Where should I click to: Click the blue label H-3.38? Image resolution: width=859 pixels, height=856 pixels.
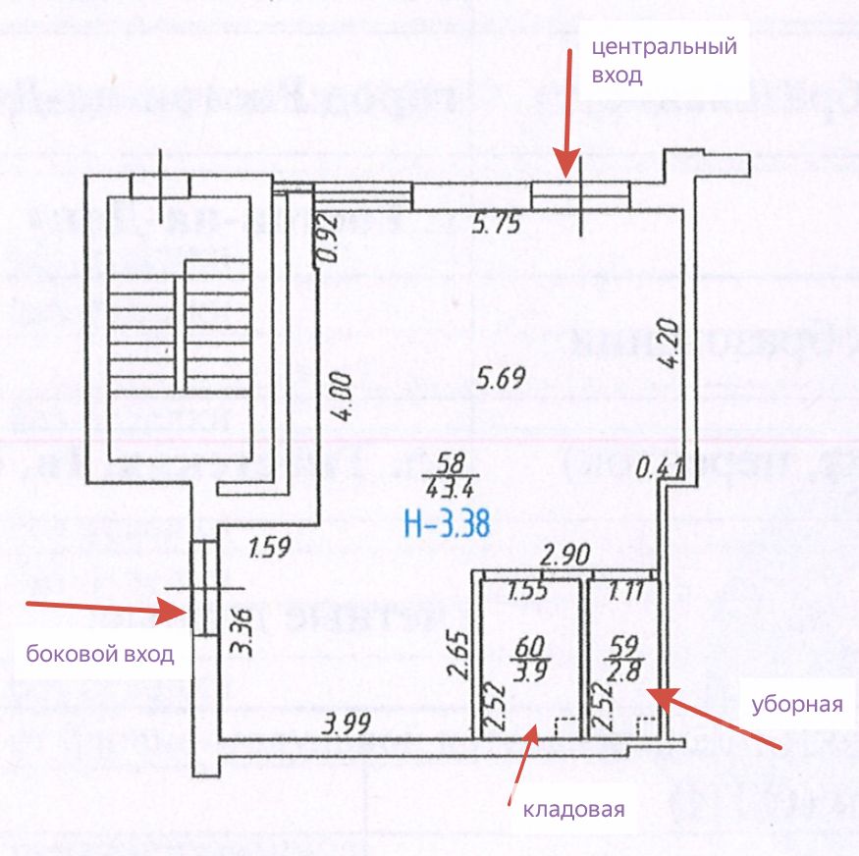pyautogui.click(x=448, y=519)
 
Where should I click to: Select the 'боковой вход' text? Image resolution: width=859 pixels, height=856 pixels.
pyautogui.click(x=100, y=655)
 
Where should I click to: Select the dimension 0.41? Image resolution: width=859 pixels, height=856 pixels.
pyautogui.click(x=651, y=468)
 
